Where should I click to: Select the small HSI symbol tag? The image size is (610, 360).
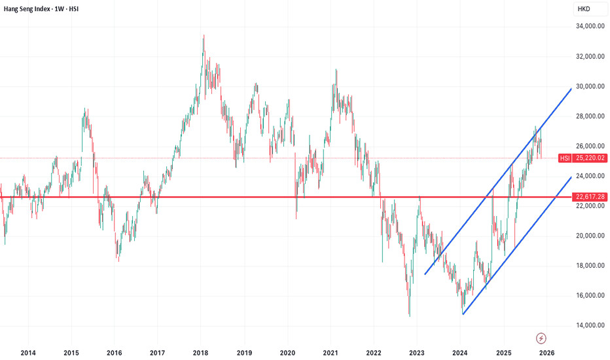click(x=565, y=158)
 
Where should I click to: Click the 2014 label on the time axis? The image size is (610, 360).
click(x=27, y=353)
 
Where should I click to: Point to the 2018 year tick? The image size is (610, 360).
click(x=200, y=353)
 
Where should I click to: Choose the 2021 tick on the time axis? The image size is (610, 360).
click(x=331, y=353)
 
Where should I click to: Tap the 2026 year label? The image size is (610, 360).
click(x=547, y=353)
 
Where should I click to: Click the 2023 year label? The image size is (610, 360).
click(x=417, y=353)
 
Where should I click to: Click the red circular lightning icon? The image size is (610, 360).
click(x=541, y=338)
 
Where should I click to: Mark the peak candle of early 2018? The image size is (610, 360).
click(x=204, y=36)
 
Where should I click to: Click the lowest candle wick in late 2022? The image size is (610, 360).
click(x=410, y=315)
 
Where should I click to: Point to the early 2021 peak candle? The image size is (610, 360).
click(x=336, y=69)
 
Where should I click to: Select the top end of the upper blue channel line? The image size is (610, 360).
click(x=571, y=88)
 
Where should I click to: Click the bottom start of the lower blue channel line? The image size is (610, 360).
click(x=463, y=314)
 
